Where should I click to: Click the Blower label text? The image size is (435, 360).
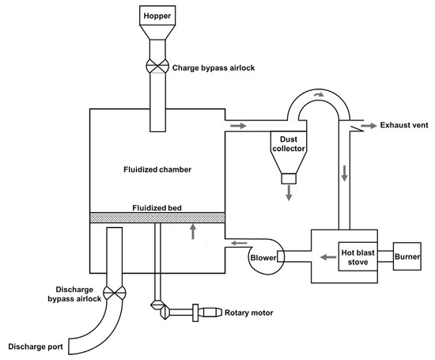pos(263,257)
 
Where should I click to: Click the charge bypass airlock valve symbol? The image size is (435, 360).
pos(157,66)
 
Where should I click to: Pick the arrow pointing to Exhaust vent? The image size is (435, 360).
pos(368,125)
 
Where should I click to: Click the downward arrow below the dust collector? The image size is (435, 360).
pos(289,192)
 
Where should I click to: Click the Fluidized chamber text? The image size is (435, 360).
pos(158,169)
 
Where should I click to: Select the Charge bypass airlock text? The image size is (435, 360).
pos(211,67)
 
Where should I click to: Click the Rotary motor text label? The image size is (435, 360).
pos(250,313)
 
